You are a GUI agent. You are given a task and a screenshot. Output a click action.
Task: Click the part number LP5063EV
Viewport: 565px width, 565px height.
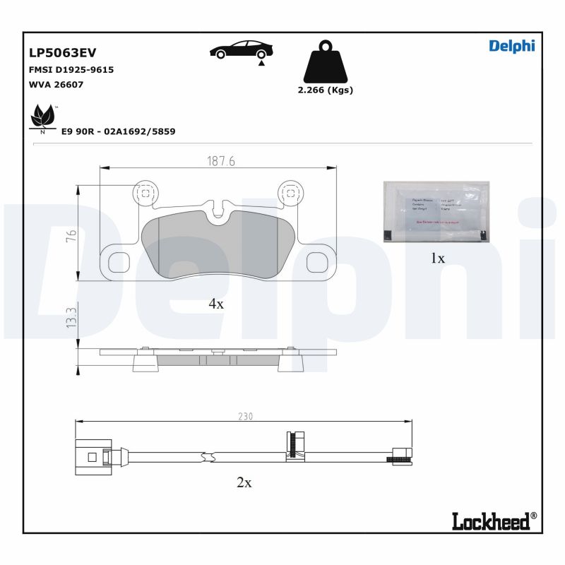coord(62,53)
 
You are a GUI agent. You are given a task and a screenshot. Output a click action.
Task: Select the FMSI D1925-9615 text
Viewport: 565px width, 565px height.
coord(71,70)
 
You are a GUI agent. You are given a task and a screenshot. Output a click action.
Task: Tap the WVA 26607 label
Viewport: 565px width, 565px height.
coord(56,84)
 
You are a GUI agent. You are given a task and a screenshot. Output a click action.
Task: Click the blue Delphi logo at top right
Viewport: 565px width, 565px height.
coord(512,46)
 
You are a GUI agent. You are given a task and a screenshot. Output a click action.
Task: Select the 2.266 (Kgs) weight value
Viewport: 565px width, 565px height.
coord(326,90)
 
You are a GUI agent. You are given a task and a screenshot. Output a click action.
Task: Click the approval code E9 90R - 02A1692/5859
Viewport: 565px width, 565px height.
coord(119,131)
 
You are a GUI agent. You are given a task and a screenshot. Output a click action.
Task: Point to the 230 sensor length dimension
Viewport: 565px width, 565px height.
coord(244,416)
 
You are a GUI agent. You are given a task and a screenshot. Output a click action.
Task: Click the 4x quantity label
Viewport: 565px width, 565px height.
coord(215,304)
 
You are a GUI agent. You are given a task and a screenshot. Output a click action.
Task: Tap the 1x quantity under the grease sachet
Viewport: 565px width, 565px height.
coord(438,258)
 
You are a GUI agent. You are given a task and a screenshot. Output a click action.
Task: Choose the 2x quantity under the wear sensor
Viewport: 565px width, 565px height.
coord(244,483)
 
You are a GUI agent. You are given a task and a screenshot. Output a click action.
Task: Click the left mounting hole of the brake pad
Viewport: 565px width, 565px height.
coord(144,191)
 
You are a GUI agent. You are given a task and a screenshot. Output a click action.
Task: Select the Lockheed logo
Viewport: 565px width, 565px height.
coord(494,521)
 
